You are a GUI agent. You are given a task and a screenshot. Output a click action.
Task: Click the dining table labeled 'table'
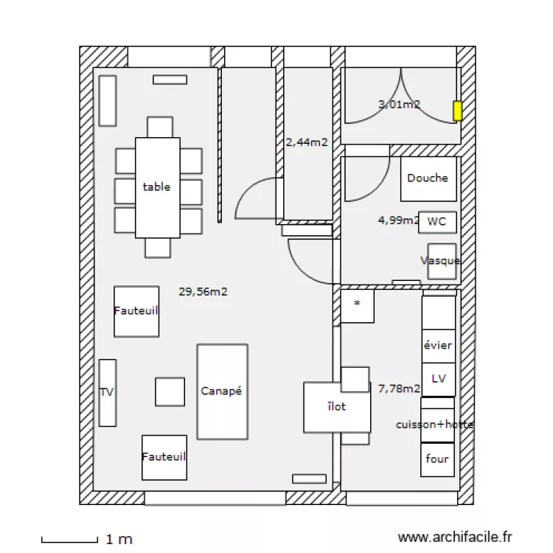(x=157, y=187)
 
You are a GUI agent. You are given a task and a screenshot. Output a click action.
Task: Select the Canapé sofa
(x=222, y=392)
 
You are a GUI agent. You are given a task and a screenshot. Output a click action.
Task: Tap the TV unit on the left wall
(x=108, y=392)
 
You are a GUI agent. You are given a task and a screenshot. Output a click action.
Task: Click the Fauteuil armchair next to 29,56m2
(x=136, y=311)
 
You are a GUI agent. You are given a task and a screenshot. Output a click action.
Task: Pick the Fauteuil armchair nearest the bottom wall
(x=164, y=457)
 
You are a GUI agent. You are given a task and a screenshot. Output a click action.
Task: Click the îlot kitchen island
(x=336, y=407)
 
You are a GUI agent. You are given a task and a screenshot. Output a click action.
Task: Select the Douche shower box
(x=428, y=178)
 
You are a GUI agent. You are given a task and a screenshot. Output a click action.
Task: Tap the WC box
(x=437, y=222)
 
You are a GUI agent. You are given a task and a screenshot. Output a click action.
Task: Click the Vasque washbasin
(x=442, y=261)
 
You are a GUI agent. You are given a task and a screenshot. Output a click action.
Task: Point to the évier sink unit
(x=438, y=345)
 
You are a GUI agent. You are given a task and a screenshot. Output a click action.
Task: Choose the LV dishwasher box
(x=439, y=379)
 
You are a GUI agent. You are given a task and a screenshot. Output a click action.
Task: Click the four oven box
(x=437, y=459)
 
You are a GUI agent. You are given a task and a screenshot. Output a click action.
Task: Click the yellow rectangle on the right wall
(x=457, y=111)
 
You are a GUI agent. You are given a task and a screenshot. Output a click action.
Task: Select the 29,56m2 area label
(x=203, y=291)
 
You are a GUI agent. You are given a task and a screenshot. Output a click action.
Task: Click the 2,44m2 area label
(x=307, y=142)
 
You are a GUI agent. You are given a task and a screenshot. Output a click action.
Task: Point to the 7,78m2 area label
(x=399, y=388)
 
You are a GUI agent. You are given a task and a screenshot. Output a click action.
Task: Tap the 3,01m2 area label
(x=399, y=105)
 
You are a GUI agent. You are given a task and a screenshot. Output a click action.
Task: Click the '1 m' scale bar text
(x=119, y=540)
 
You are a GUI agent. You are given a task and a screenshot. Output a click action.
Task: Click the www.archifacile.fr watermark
(x=454, y=538)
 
